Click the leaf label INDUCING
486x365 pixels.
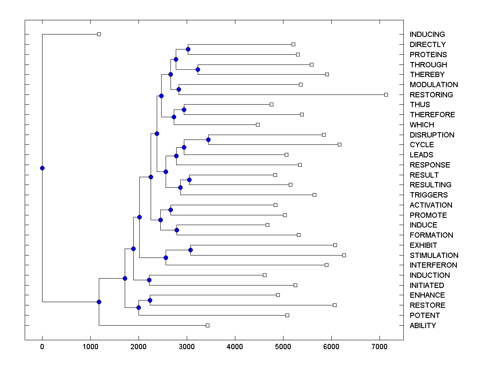pyautogui.click(x=427, y=34)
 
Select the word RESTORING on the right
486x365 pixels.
pyautogui.click(x=431, y=94)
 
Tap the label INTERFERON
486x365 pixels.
pyautogui.click(x=433, y=265)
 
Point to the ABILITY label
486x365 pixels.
pyautogui.click(x=423, y=325)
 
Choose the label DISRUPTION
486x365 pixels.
pyautogui.click(x=432, y=135)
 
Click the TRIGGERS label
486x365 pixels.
pyautogui.click(x=428, y=195)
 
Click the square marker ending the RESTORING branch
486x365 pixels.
pyautogui.click(x=386, y=94)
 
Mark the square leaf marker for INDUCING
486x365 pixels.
pyautogui.click(x=99, y=34)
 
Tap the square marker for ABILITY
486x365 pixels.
pyautogui.click(x=207, y=325)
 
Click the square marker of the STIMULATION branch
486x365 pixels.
pyautogui.click(x=344, y=255)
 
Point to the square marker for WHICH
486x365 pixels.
pyautogui.click(x=258, y=125)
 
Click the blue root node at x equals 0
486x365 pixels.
pyautogui.click(x=42, y=168)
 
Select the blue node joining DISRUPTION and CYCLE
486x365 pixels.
pyautogui.click(x=208, y=140)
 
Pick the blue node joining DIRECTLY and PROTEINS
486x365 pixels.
pyautogui.click(x=188, y=49)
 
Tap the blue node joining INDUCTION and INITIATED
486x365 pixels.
pyautogui.click(x=149, y=280)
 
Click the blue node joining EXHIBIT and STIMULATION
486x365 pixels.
pyautogui.click(x=190, y=250)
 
